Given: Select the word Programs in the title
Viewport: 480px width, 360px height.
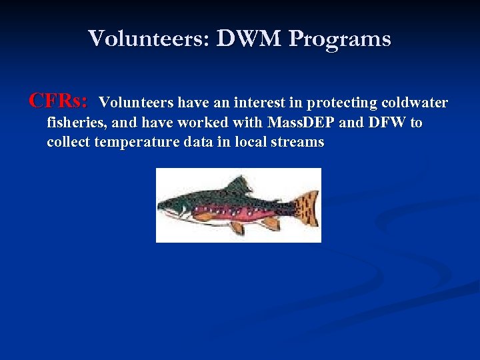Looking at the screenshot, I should [x=340, y=39].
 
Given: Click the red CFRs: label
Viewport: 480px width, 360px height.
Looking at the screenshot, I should [x=59, y=101].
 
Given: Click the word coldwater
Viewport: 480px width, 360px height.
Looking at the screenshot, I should [x=415, y=103].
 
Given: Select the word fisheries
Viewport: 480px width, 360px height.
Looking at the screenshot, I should [x=74, y=123].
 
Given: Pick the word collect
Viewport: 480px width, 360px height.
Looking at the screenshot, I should [x=69, y=142].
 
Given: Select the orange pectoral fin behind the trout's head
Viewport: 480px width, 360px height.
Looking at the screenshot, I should [x=203, y=217].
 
